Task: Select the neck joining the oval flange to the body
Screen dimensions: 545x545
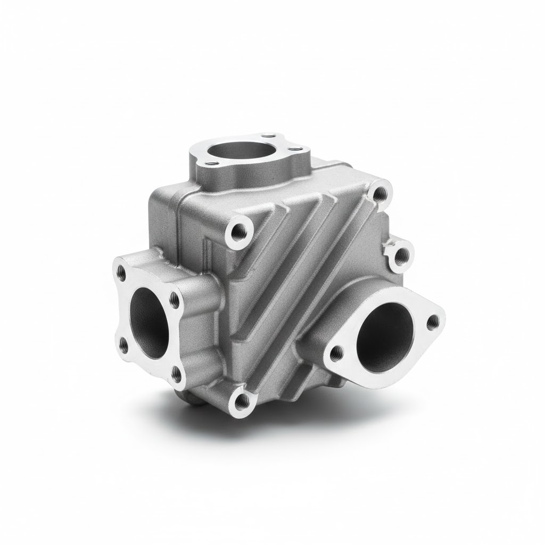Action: (x=325, y=309)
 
